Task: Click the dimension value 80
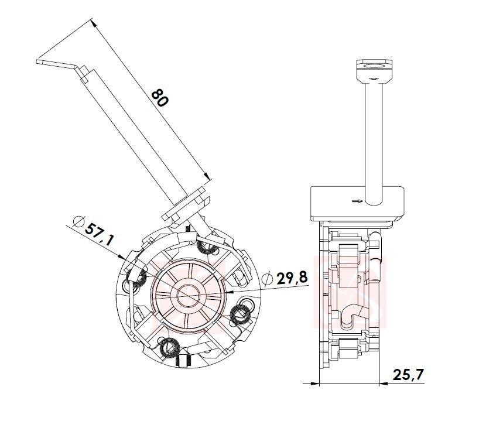tap(159, 97)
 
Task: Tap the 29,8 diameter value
tap(292, 278)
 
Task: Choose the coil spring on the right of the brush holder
tap(240, 314)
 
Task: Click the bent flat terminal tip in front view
tap(56, 60)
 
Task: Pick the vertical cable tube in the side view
tap(373, 135)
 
